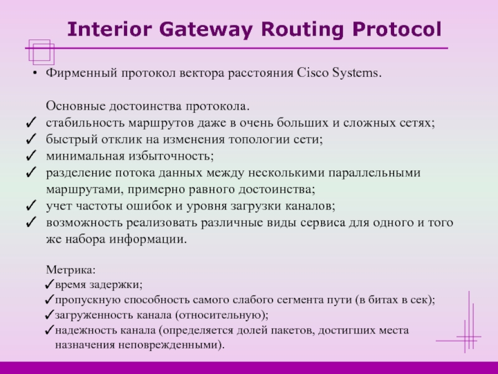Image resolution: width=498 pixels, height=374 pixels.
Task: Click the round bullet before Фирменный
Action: (35, 74)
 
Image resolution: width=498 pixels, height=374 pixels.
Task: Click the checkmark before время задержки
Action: (50, 285)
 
